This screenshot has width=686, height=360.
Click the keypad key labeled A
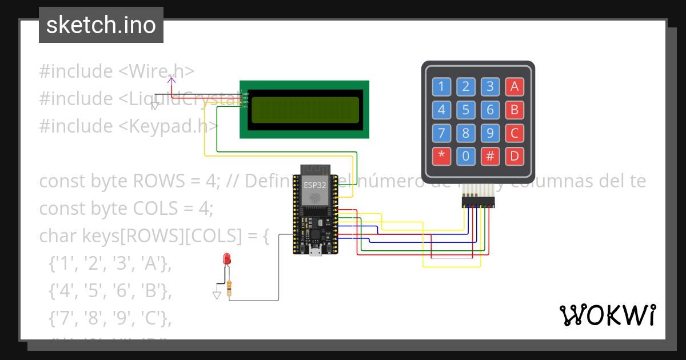[514, 87]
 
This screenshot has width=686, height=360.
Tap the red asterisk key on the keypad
[441, 155]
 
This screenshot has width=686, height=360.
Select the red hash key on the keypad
[490, 155]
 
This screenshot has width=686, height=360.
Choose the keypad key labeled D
[514, 155]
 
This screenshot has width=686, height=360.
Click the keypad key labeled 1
[441, 87]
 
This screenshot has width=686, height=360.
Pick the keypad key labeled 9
[490, 133]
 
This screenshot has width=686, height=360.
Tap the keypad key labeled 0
[466, 155]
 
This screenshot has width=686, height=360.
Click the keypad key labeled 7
[441, 133]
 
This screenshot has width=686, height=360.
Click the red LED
[228, 258]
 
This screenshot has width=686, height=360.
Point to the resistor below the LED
[229, 289]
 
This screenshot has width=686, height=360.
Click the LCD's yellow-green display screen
[305, 110]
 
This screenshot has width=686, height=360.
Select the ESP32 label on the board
[315, 185]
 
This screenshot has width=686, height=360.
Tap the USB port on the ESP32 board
[316, 251]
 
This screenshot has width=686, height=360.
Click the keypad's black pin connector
[478, 202]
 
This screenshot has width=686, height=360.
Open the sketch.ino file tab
[101, 25]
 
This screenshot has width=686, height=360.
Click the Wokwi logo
[607, 315]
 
